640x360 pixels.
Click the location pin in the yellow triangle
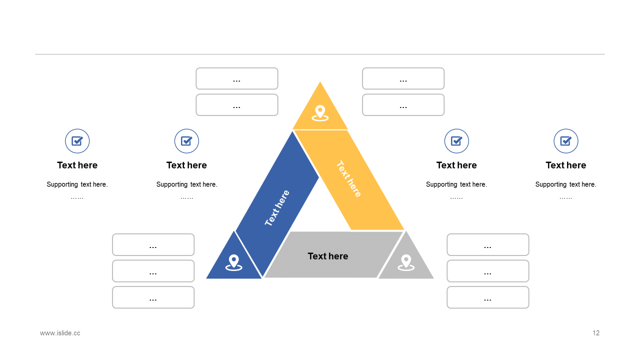coord(320,112)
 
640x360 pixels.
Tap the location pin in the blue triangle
coord(233,262)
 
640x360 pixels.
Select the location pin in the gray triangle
coord(406,262)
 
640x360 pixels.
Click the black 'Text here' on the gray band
coord(328,256)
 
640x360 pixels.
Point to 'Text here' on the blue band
coord(277,208)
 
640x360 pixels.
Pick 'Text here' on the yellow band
coord(348,178)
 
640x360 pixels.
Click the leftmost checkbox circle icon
coord(77,141)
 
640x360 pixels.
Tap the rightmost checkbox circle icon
coord(566,141)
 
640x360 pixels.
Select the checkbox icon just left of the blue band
coord(186,141)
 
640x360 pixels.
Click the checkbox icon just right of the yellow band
coord(456,141)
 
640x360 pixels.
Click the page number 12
coord(596,333)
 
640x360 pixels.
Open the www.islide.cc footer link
coord(60,333)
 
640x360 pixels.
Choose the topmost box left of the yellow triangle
coord(237,78)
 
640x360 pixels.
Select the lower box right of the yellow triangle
coord(403,105)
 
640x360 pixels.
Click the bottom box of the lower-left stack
coord(153,297)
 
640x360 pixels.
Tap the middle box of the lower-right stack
coord(487,271)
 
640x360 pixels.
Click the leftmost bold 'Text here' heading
coord(77,165)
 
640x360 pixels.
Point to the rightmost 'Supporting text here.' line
coord(565,184)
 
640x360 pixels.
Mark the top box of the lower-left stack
coord(153,244)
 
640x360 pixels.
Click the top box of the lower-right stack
coord(487,244)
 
